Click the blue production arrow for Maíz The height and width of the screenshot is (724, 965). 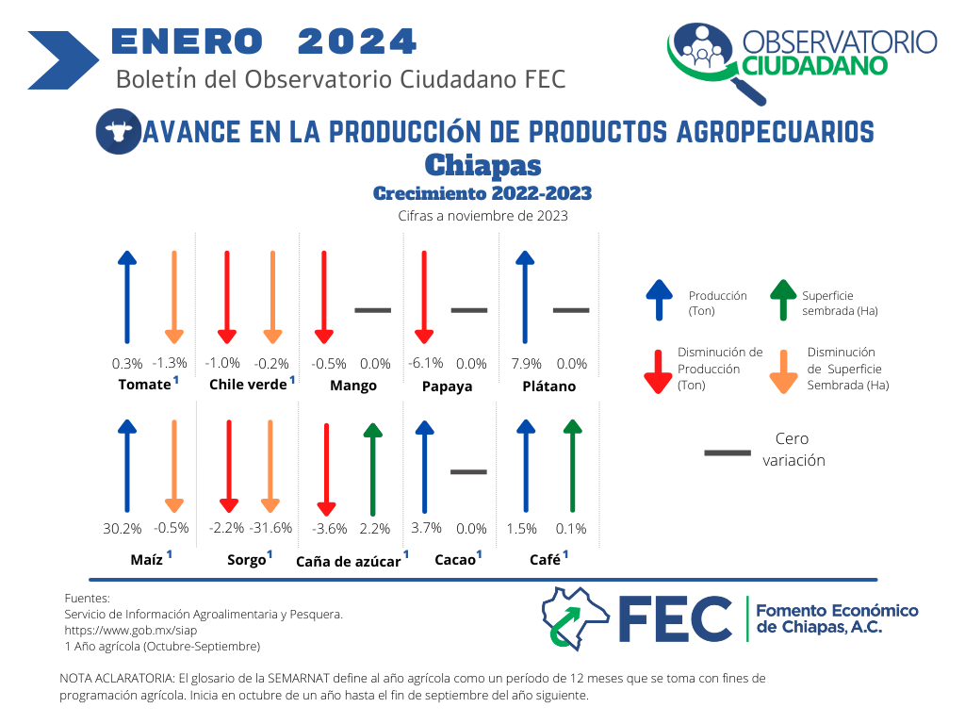[x=127, y=466]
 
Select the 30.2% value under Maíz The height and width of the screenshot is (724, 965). [x=123, y=528]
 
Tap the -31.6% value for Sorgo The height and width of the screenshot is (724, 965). [x=270, y=528]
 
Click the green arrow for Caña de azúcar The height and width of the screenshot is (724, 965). [x=373, y=469]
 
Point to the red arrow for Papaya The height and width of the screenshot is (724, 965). [x=424, y=297]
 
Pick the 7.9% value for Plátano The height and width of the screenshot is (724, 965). [x=527, y=364]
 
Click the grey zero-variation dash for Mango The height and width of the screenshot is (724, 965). [x=373, y=310]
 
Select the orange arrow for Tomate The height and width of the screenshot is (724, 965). [x=174, y=297]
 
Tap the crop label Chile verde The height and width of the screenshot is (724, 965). [x=248, y=385]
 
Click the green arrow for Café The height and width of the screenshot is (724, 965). [x=572, y=466]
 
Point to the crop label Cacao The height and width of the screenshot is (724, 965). [x=455, y=560]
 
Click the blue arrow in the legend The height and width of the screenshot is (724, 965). [x=659, y=300]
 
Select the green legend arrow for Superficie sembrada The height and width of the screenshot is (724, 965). [x=783, y=300]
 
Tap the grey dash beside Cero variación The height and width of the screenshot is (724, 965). [x=728, y=453]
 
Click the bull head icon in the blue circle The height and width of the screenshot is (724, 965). [x=118, y=130]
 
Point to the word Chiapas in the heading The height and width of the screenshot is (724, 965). [x=483, y=165]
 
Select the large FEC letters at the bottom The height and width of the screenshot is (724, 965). [x=675, y=618]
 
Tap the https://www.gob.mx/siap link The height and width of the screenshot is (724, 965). [x=130, y=631]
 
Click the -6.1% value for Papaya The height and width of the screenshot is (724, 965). [x=426, y=363]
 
